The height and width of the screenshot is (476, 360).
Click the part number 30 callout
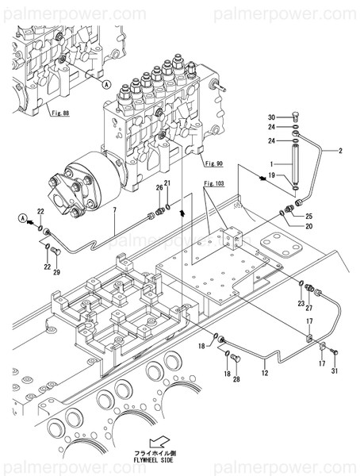pos(271,117)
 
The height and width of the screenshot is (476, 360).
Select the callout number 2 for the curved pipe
pos(341,150)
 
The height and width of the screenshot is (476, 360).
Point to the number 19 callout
pos(271,176)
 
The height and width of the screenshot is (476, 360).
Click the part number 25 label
pos(308,216)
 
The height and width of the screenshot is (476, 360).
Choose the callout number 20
pos(308,226)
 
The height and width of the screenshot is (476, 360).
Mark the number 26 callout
pos(159,187)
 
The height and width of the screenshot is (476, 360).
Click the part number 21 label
pos(167,183)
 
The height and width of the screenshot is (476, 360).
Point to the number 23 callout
pos(301,302)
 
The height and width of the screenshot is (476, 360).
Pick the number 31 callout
pos(334,372)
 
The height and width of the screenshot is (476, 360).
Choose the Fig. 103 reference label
pos(212,183)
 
